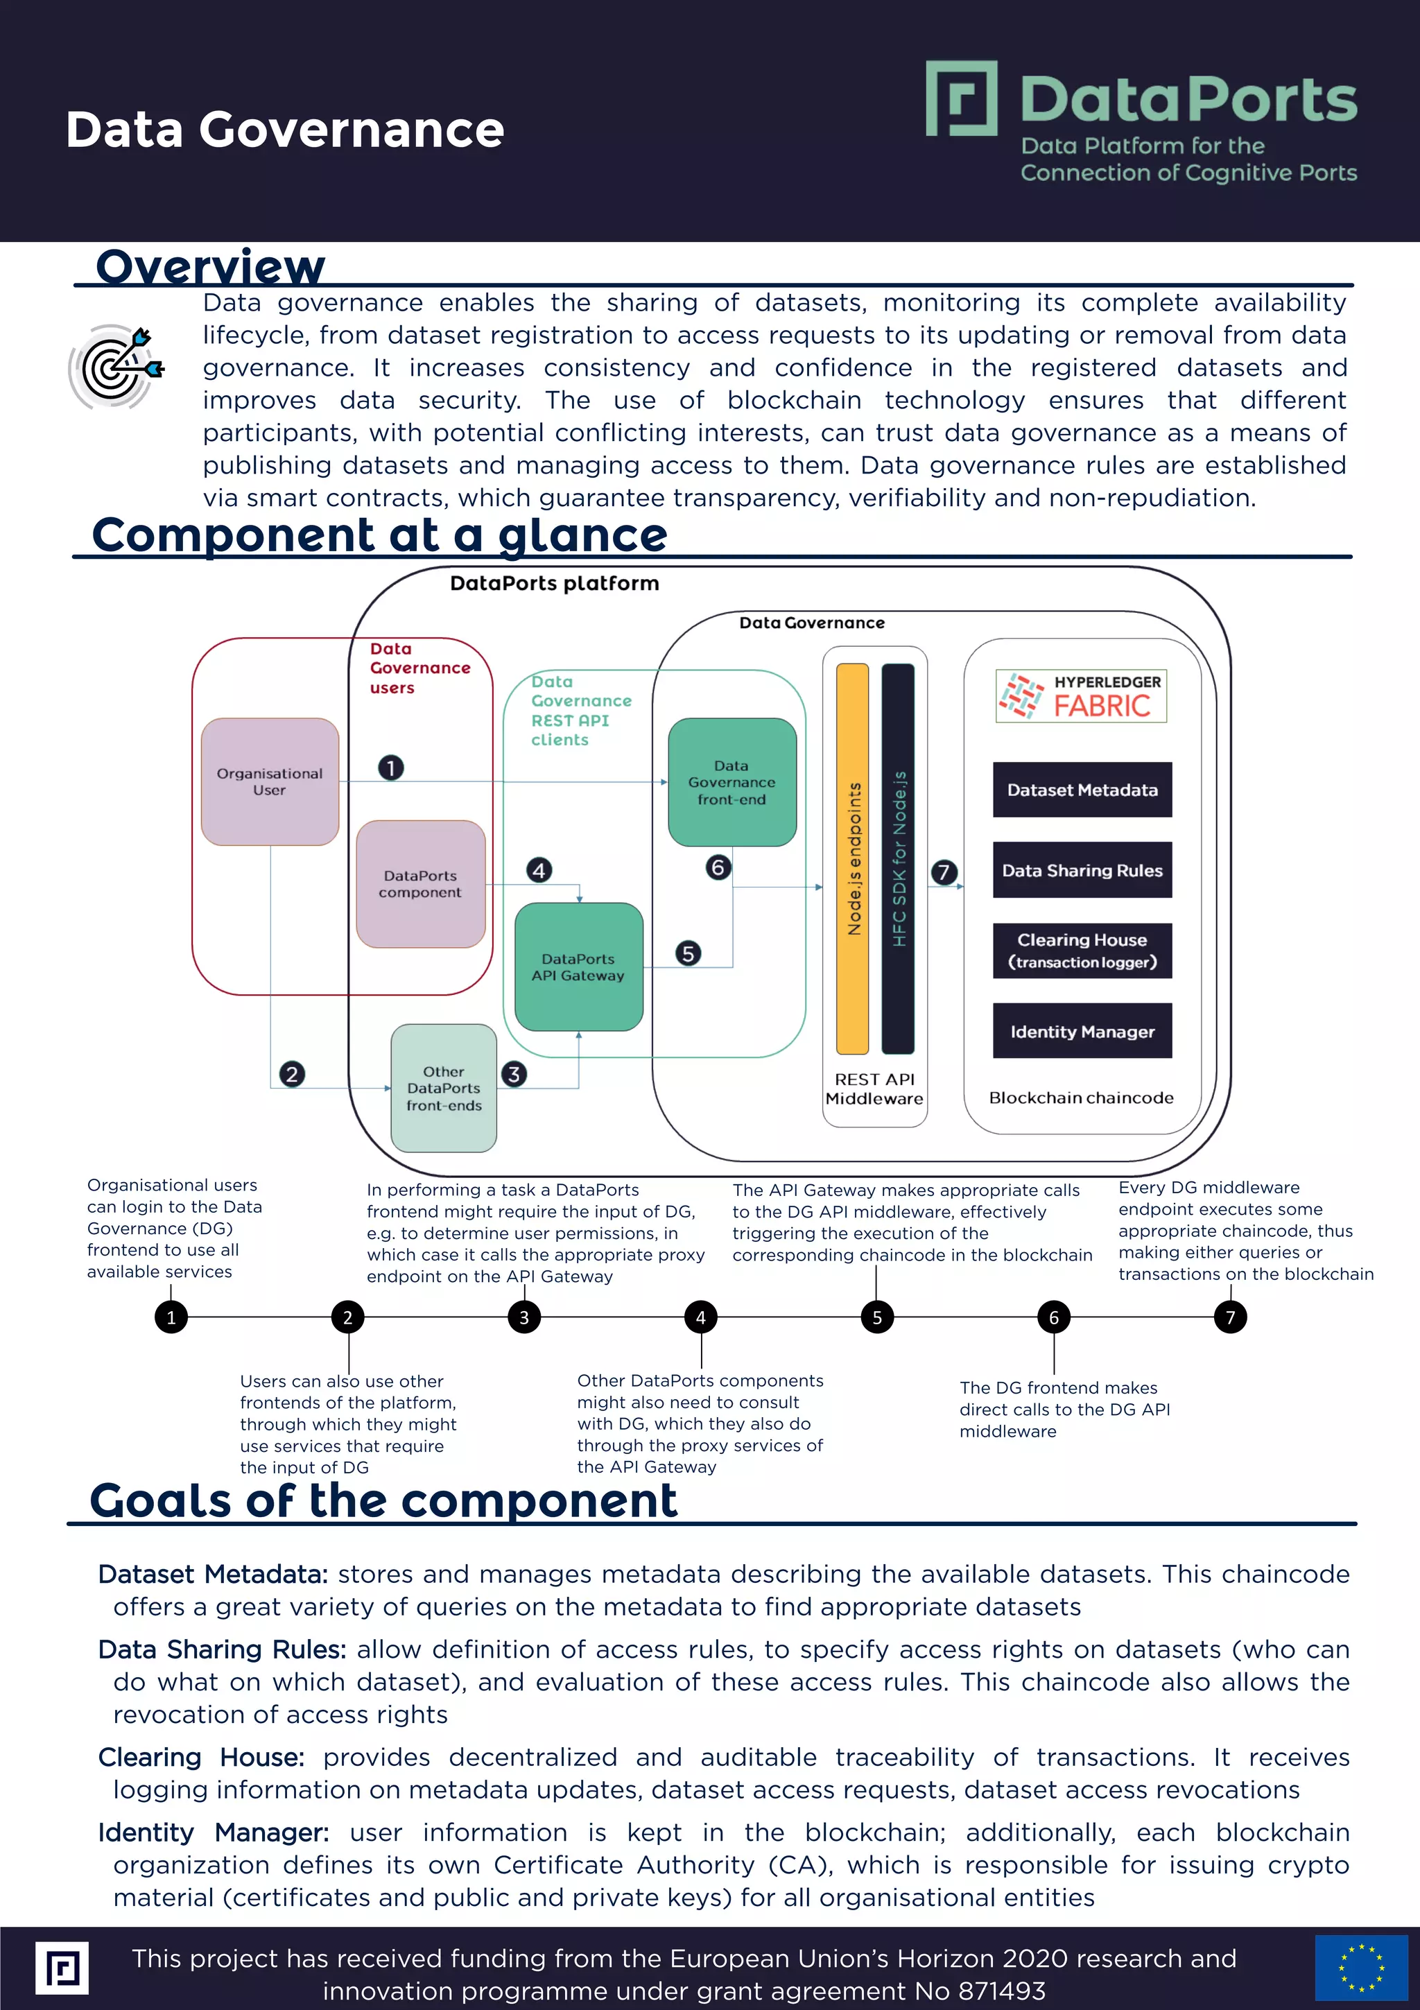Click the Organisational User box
pos(270,782)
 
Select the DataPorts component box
pos(420,883)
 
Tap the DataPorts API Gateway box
pos(579,967)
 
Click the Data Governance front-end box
pos(732,782)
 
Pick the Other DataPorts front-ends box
pos(444,1088)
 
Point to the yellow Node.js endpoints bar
pos(853,858)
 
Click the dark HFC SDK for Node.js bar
pos(898,858)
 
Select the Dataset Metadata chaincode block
pos(1082,790)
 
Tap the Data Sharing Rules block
pos(1082,870)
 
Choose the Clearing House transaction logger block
pos(1082,950)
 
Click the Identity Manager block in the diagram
pos(1082,1031)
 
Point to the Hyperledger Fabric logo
pos(1081,697)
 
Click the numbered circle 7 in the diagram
pos(944,872)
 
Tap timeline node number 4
pos(700,1317)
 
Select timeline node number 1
pos(171,1317)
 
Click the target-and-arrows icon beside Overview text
pos(116,367)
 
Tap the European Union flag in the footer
pos(1360,1967)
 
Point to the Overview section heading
pos(210,266)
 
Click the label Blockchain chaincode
pos(1081,1098)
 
